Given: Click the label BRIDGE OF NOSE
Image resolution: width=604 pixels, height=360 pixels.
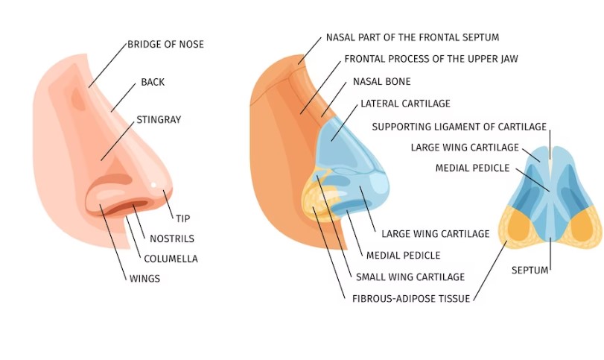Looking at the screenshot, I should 165,45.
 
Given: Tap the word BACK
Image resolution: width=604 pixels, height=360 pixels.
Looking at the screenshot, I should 153,82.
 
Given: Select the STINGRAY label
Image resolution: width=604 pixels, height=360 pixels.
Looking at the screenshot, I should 159,119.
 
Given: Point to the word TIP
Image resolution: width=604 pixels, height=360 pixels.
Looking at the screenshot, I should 182,218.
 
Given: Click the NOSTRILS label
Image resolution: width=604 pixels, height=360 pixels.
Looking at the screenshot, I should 172,239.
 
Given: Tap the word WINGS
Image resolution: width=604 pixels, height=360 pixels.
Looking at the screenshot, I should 144,279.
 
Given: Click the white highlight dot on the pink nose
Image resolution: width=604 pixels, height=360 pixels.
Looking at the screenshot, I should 154,185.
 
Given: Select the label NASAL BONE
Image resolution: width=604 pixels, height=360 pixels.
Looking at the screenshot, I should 381,81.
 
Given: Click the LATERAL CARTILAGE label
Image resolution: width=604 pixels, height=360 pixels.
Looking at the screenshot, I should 405,104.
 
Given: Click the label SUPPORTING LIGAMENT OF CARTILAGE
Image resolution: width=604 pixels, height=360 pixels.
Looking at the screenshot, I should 459,127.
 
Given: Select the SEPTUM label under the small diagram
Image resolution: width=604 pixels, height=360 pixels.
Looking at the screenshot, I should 530,270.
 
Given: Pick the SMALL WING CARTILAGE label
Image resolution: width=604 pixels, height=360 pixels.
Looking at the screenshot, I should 410,277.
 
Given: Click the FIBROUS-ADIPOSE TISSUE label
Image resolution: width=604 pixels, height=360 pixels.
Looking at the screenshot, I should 411,299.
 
